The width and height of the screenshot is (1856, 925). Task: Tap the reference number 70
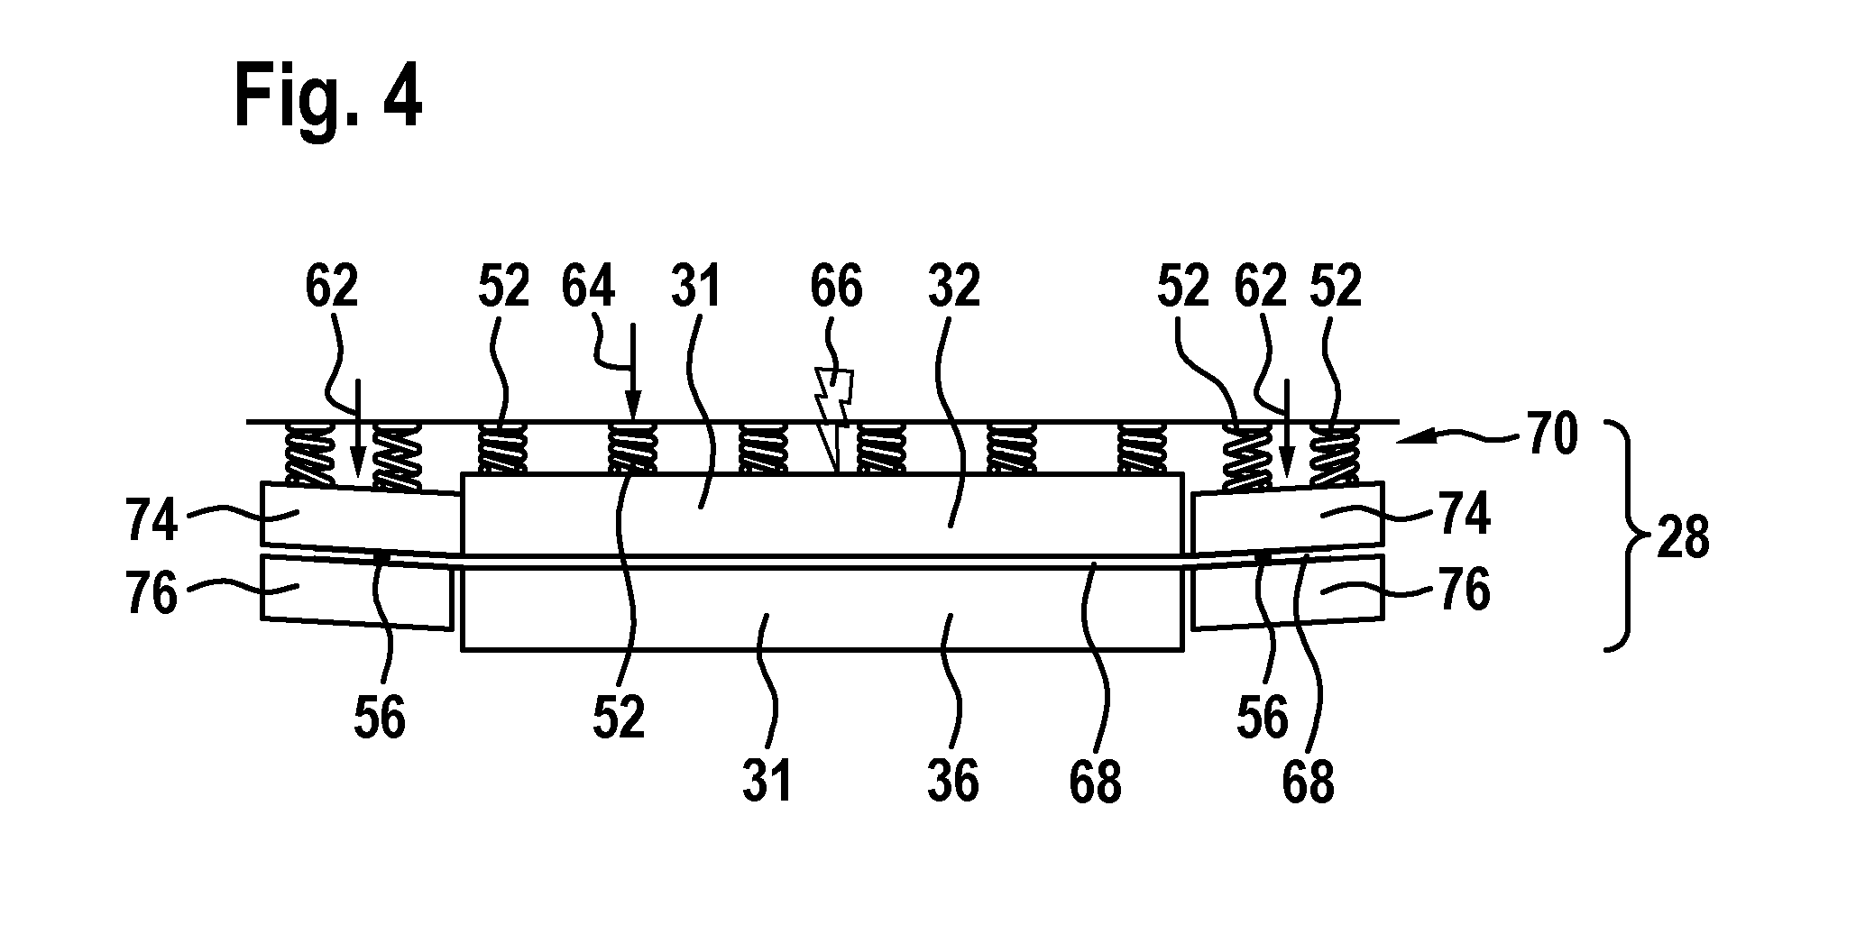tap(1552, 435)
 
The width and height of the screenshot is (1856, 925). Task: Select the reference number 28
tap(1683, 538)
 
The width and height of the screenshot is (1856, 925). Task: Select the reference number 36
tap(952, 781)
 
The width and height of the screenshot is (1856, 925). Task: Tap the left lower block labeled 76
tap(356, 591)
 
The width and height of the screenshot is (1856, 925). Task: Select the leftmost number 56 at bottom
tap(380, 719)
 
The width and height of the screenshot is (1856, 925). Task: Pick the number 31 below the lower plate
tap(767, 781)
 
